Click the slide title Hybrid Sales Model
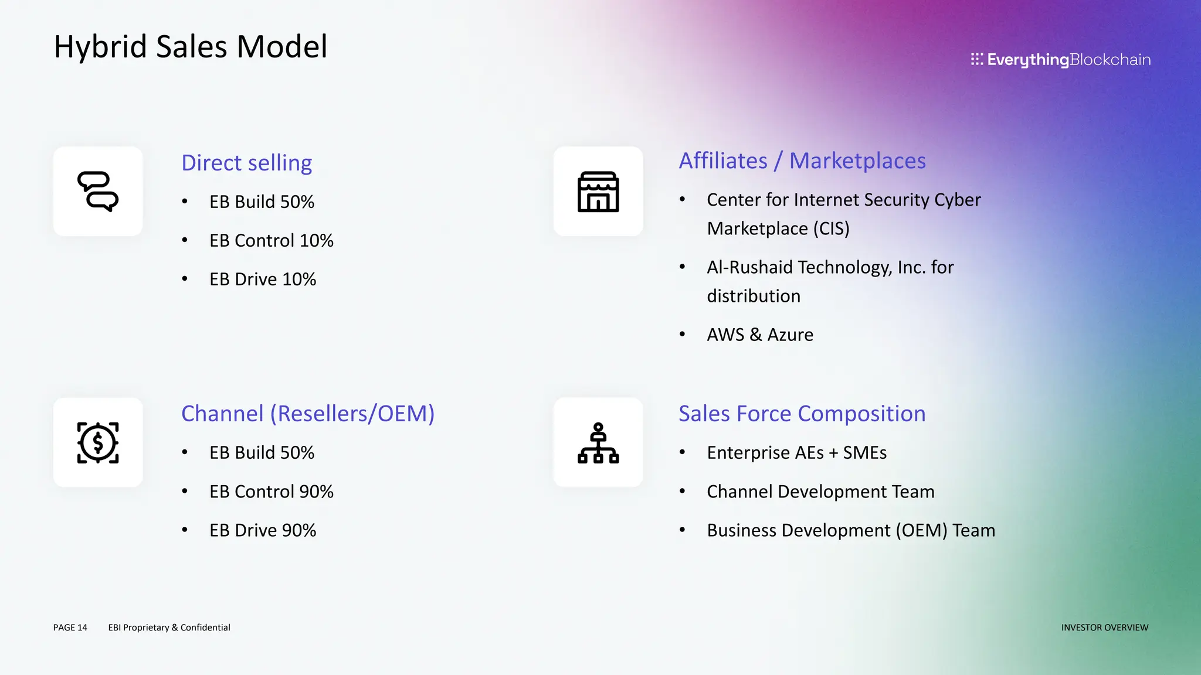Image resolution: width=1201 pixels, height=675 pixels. [191, 47]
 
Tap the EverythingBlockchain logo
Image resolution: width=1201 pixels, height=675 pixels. [1060, 60]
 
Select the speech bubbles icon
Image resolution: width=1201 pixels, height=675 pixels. [98, 192]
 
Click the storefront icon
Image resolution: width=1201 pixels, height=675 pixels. [598, 192]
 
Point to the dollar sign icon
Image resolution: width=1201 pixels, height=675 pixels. [98, 443]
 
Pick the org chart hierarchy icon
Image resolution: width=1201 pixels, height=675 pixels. [598, 443]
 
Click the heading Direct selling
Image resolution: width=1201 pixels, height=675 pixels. [246, 163]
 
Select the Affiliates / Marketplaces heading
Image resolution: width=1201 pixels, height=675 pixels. [802, 161]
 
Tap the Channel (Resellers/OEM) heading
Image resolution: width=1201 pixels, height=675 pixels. [308, 414]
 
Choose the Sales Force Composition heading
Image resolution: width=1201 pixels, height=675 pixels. [802, 414]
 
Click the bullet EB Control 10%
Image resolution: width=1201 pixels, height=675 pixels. [271, 241]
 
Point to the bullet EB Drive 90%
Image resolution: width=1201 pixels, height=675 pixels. [263, 530]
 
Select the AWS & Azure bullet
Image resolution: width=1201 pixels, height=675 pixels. [760, 335]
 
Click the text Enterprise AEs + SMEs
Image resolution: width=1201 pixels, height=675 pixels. [796, 453]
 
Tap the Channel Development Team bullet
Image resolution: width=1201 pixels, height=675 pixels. [820, 492]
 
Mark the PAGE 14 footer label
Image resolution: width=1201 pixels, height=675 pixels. [70, 628]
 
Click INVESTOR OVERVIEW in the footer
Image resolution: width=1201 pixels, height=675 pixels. [1104, 628]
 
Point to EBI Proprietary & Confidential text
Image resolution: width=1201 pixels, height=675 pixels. [169, 628]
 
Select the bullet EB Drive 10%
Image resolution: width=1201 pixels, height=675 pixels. [263, 279]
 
